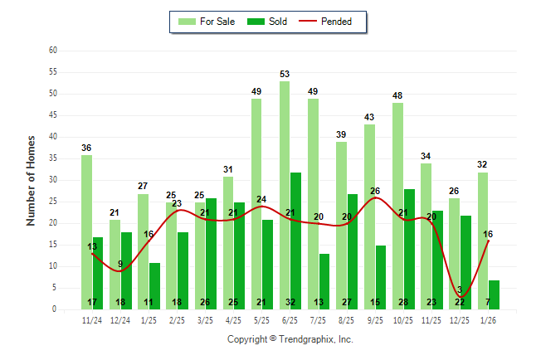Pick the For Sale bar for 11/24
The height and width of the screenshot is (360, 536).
point(86,231)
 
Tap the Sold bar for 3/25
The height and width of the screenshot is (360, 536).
point(212,249)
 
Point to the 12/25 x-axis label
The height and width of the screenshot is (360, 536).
point(460,321)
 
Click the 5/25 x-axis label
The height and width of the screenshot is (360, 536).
point(262,321)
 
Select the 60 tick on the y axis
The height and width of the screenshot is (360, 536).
point(53,51)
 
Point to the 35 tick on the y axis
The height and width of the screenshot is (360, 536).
point(53,158)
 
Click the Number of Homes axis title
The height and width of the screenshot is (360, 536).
point(31,180)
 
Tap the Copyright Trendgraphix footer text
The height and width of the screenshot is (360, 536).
point(290,339)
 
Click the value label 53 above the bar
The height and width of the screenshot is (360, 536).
point(285,75)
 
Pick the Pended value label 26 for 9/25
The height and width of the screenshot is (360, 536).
point(375,192)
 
